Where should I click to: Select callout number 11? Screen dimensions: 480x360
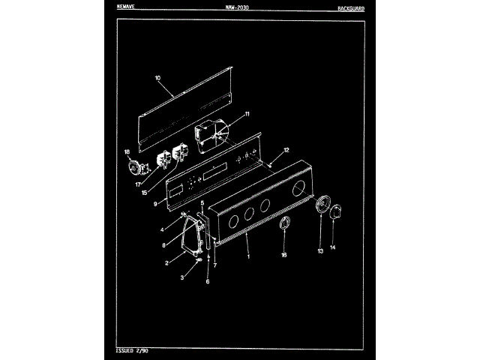[247, 114]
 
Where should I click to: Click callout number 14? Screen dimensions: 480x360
[333, 247]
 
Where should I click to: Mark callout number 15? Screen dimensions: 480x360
[143, 193]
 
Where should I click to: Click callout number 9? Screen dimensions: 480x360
[154, 203]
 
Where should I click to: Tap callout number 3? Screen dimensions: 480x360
[182, 278]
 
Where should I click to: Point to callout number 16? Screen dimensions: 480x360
[283, 256]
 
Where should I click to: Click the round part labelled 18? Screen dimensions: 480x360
[136, 166]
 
